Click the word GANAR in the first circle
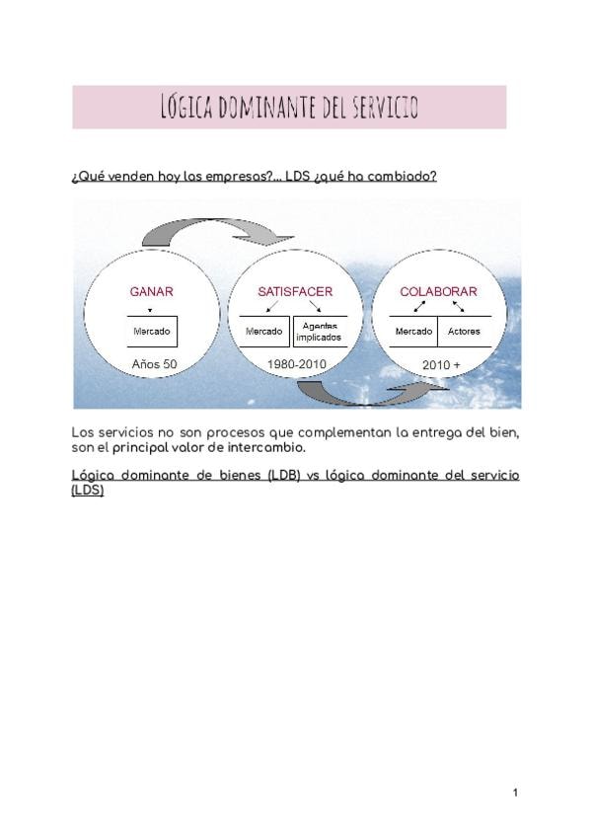[x=152, y=292]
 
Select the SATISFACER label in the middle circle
[x=295, y=292]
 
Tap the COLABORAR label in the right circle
[x=438, y=292]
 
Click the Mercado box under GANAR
[x=152, y=332]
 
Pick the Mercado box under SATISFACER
[x=263, y=332]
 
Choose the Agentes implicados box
[x=320, y=332]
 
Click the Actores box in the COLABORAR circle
[x=464, y=332]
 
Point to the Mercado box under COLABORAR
[x=413, y=332]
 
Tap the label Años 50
[x=154, y=365]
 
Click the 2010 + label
[x=441, y=366]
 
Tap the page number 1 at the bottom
[x=515, y=793]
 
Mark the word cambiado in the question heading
[x=403, y=177]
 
